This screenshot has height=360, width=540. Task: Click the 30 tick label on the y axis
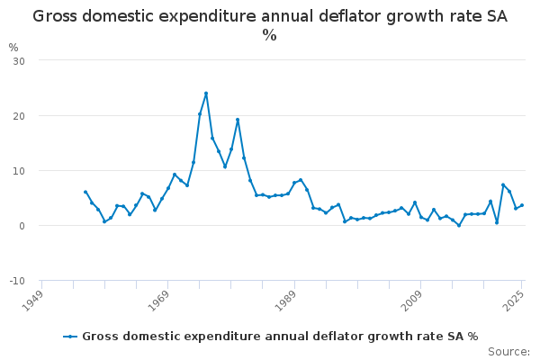click(19, 60)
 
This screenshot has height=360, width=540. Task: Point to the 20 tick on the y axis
click(19, 116)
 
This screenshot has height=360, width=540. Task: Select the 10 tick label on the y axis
click(19, 171)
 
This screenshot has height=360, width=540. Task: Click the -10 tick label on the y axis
click(17, 281)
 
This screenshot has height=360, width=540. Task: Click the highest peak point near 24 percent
click(206, 93)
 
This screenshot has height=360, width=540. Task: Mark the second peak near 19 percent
click(238, 120)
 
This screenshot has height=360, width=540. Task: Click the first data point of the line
click(85, 192)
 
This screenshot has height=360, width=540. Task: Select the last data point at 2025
click(522, 205)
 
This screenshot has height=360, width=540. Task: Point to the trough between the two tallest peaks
click(225, 166)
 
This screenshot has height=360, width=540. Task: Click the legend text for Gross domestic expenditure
click(280, 337)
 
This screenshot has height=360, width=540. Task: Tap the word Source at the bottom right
click(508, 351)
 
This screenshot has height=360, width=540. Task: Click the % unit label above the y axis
click(13, 47)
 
